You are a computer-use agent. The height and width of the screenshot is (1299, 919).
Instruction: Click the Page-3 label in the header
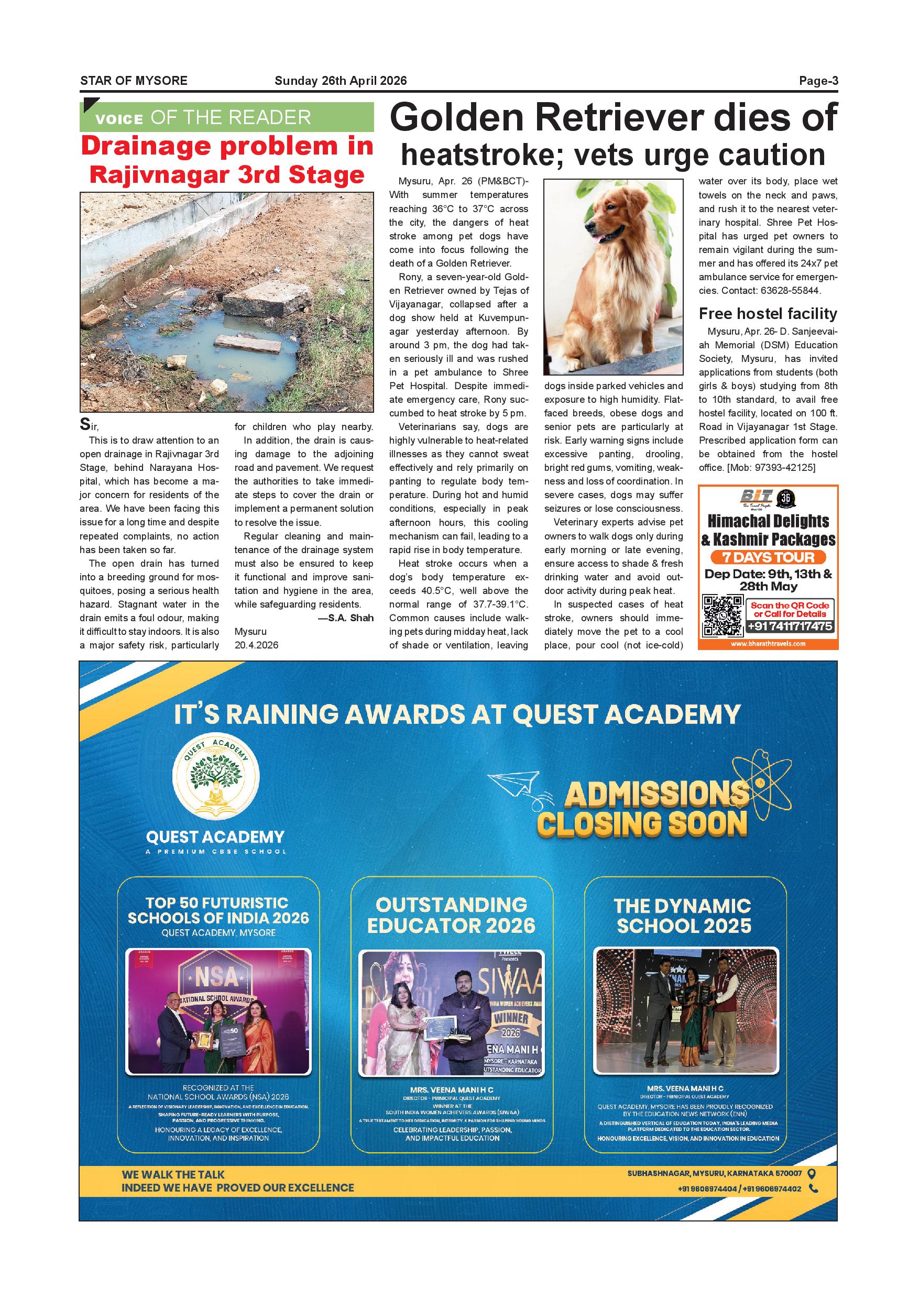(x=818, y=81)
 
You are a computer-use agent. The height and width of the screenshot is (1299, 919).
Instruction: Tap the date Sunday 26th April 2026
(x=340, y=81)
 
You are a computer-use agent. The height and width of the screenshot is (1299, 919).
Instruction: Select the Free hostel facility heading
(x=768, y=313)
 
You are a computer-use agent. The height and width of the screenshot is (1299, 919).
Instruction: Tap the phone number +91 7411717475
(x=790, y=626)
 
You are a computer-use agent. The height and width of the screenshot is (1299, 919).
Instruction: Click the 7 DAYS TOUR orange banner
(x=768, y=557)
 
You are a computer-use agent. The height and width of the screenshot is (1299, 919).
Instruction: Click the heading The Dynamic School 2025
(x=683, y=916)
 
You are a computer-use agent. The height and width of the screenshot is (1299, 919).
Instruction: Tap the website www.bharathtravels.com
(x=768, y=643)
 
